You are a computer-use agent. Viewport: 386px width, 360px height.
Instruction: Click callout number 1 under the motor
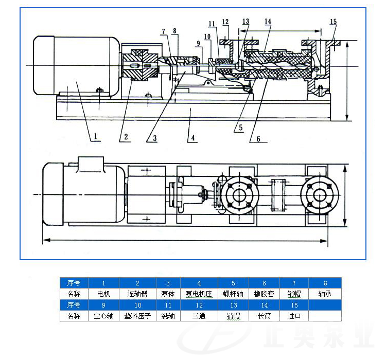(95, 136)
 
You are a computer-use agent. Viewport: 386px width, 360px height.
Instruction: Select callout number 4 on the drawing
(192, 138)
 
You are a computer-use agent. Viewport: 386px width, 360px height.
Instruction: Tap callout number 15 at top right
(333, 22)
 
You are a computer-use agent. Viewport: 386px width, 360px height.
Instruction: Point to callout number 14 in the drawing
(268, 22)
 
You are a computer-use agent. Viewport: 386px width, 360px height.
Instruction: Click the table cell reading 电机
(103, 294)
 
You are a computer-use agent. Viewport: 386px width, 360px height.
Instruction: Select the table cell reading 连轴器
(137, 294)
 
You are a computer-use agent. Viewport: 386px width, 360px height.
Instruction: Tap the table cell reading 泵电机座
(199, 294)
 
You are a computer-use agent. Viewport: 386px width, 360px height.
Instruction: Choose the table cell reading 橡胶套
(264, 294)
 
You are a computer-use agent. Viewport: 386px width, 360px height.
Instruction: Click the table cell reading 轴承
(325, 294)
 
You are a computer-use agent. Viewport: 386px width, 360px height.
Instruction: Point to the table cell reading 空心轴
(103, 316)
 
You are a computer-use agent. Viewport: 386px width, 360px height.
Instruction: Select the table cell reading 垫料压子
(137, 316)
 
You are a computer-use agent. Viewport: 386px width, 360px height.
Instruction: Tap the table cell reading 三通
(199, 316)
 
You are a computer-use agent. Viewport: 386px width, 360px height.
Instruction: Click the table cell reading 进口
(294, 316)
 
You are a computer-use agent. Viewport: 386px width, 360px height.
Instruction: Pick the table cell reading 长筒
(264, 316)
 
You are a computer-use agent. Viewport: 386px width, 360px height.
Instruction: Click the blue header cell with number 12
(199, 305)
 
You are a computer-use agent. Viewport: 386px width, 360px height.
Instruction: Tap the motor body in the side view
(75, 64)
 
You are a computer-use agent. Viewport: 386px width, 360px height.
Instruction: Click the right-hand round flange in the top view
(320, 195)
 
